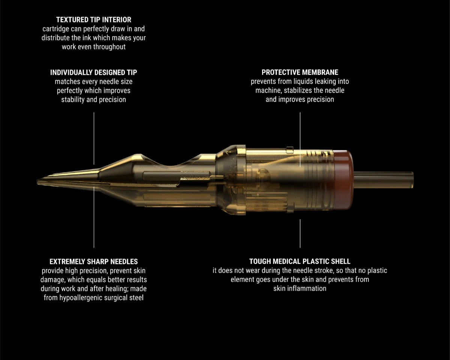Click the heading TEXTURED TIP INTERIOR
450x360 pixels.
pyautogui.click(x=94, y=19)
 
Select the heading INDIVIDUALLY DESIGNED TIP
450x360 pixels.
pyautogui.click(x=94, y=72)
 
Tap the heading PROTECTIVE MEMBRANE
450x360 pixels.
pyautogui.click(x=300, y=72)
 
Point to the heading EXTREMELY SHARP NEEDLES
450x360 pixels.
pyautogui.click(x=94, y=261)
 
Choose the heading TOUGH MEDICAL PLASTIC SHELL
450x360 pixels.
pyautogui.click(x=300, y=261)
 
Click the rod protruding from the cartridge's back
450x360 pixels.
pyautogui.click(x=384, y=180)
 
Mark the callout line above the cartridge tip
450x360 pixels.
pyautogui.click(x=94, y=138)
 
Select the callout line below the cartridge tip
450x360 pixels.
pyautogui.click(x=94, y=217)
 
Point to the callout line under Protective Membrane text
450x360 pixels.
pyautogui.click(x=300, y=139)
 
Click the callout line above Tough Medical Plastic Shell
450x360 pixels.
pyautogui.click(x=300, y=234)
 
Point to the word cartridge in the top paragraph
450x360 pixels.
pyautogui.click(x=56, y=28)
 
